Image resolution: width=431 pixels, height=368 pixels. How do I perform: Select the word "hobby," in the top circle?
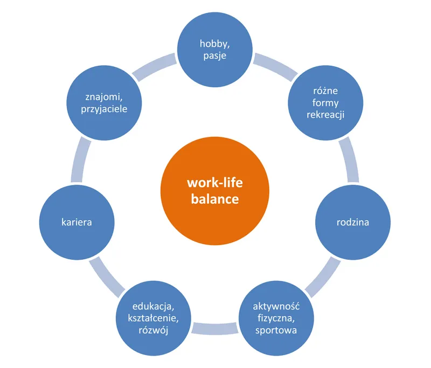(x=215, y=44)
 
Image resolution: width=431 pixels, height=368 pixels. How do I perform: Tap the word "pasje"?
(x=215, y=56)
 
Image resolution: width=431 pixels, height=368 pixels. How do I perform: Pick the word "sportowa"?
(x=276, y=329)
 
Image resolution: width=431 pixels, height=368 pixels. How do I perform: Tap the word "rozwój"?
(x=155, y=329)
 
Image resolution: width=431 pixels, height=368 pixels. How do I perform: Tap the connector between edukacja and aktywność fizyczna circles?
(x=215, y=327)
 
